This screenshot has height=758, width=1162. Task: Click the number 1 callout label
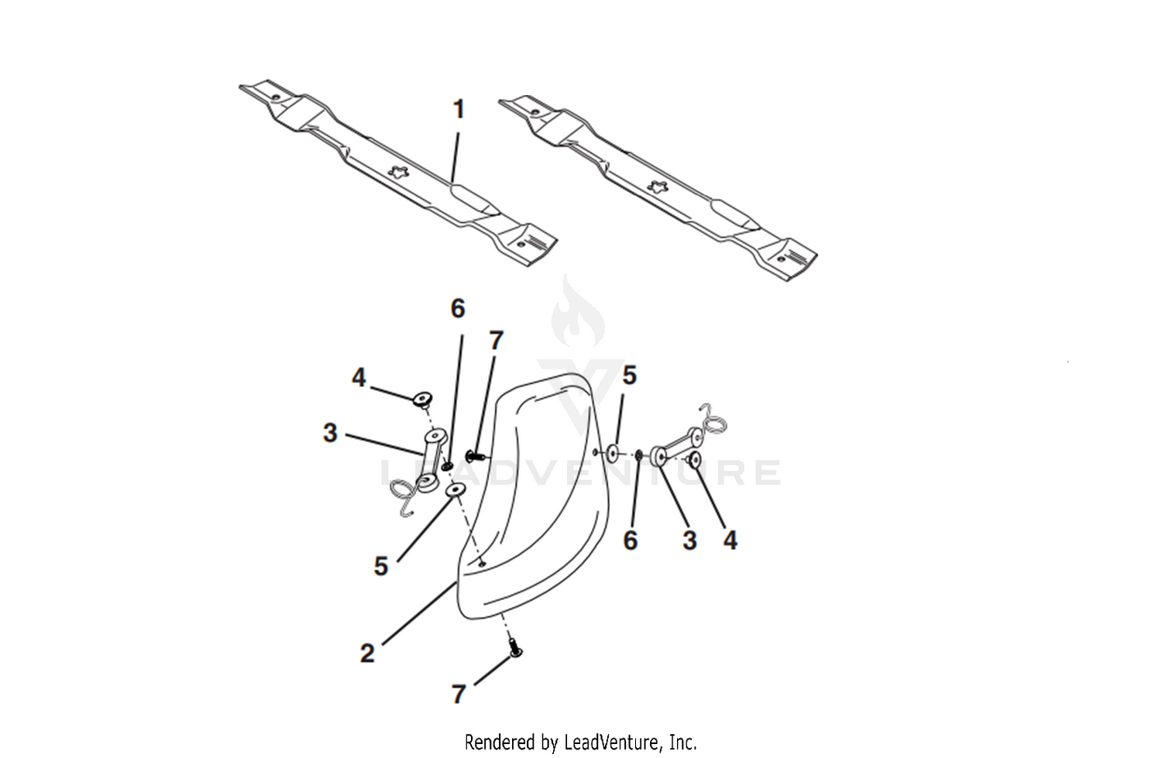click(459, 109)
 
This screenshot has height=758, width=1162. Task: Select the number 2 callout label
click(367, 653)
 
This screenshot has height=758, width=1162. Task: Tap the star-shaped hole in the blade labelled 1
click(399, 171)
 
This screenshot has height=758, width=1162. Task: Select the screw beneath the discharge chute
click(515, 648)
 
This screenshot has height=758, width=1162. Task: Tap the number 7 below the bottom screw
click(459, 695)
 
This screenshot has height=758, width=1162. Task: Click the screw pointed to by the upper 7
click(475, 457)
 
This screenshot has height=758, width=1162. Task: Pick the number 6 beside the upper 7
click(458, 309)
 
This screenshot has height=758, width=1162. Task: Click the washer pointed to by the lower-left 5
click(456, 489)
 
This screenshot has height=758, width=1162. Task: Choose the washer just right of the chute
click(613, 454)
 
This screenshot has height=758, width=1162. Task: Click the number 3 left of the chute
click(330, 433)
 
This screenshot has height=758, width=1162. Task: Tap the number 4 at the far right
click(730, 540)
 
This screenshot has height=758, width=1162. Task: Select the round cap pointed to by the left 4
click(423, 400)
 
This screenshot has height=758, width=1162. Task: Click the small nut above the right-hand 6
click(638, 455)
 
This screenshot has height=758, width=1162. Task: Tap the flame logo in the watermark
click(577, 311)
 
